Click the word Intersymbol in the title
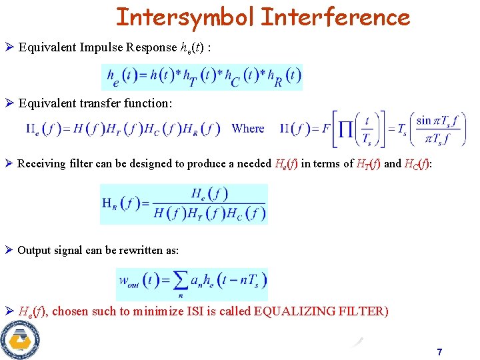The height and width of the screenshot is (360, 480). [185, 17]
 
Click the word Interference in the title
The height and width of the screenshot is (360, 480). [335, 17]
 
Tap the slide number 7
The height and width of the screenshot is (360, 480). [439, 351]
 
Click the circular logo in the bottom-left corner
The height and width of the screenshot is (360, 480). [21, 340]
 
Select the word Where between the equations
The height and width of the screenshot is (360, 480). [248, 129]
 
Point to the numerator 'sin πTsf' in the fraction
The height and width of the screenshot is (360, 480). [433, 120]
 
